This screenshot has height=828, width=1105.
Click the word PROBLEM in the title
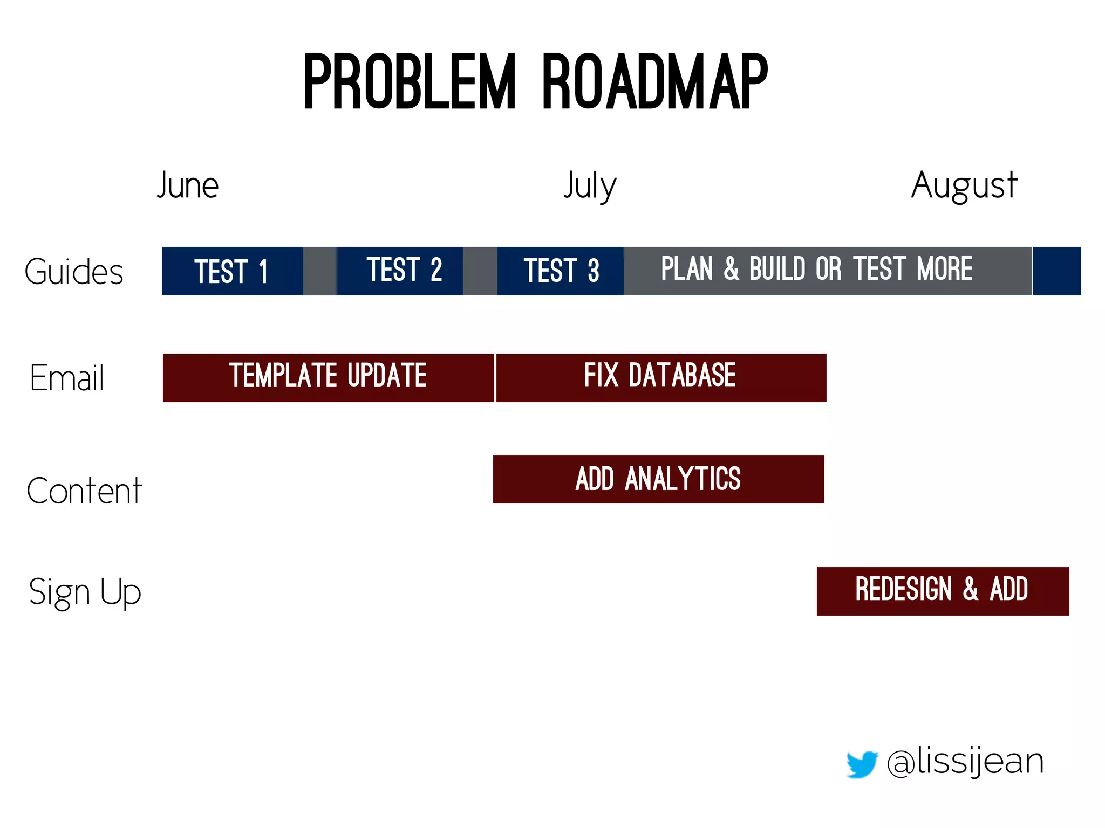pyautogui.click(x=410, y=82)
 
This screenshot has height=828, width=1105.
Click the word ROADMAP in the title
pyautogui.click(x=654, y=82)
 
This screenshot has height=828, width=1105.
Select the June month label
pyautogui.click(x=188, y=185)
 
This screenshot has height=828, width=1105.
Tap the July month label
pyautogui.click(x=590, y=185)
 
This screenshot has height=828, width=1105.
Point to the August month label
pyautogui.click(x=964, y=185)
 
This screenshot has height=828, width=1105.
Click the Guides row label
pyautogui.click(x=74, y=272)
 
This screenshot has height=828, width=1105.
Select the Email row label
pyautogui.click(x=67, y=378)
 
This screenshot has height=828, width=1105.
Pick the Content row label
pyautogui.click(x=84, y=491)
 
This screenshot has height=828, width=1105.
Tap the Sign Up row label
pyautogui.click(x=85, y=592)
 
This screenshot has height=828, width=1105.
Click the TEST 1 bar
pyautogui.click(x=232, y=271)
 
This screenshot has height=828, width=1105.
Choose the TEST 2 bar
pyautogui.click(x=400, y=271)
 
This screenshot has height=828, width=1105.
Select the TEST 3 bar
pyautogui.click(x=560, y=271)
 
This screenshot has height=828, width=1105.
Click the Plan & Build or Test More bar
pyautogui.click(x=827, y=271)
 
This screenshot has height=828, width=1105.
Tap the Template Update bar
pyautogui.click(x=328, y=377)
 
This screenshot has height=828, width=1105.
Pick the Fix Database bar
pyautogui.click(x=660, y=377)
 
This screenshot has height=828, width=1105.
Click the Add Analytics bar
pyautogui.click(x=658, y=479)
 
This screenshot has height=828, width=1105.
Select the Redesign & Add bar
pyautogui.click(x=943, y=591)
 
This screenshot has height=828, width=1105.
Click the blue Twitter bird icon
pyautogui.click(x=862, y=763)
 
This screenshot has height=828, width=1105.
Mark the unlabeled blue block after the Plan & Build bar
pyautogui.click(x=1056, y=271)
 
